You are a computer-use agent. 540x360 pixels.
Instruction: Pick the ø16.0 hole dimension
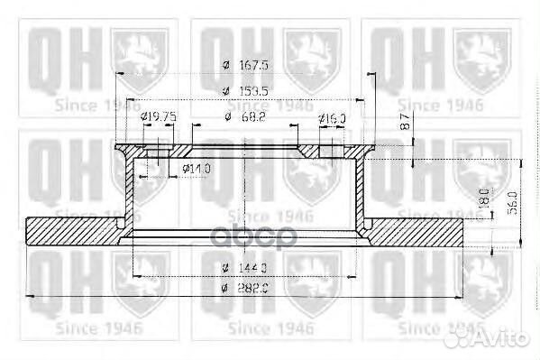pos(333,117)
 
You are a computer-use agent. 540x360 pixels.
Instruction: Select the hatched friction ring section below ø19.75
pos(72,231)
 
